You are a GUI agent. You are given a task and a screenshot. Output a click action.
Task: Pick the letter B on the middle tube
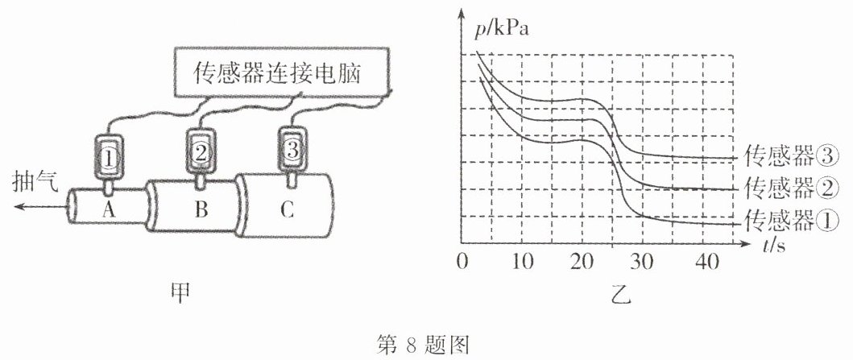[x=201, y=210]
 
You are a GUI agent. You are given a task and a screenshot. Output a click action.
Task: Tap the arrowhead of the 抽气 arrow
[x=19, y=206]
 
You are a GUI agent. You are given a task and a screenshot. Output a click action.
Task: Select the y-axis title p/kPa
[x=501, y=29]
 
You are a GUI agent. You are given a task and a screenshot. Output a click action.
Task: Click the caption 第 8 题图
[x=423, y=344]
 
